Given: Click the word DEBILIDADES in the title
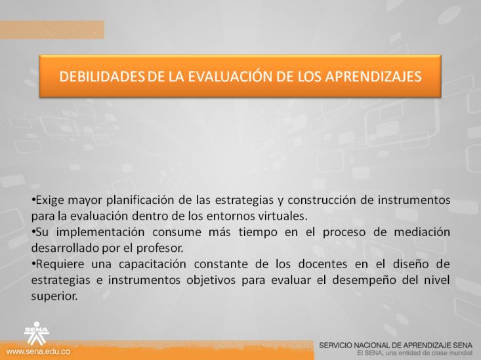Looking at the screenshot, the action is coord(102,76).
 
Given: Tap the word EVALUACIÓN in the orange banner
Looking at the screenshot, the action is coord(230,75).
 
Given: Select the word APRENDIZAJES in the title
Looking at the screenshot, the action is coord(373,76).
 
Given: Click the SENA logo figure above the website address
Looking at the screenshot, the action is coord(37,333).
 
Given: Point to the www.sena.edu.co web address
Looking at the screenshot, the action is coord(38,351).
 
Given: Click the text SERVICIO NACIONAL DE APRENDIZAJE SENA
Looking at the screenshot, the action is coord(396,346).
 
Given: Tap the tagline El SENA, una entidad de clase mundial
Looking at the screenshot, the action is coord(415,353).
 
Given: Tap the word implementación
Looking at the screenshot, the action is coord(100,232).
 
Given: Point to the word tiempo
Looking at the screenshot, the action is coord(258,232).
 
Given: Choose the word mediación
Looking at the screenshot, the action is coord(422,232).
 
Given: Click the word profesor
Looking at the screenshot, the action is coord(160,248).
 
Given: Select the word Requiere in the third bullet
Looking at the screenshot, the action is coord(58,264).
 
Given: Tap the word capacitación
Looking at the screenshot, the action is coord(152,264).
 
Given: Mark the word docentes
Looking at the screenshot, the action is coord(323,264).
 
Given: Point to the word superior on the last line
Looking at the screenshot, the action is coord(54,296).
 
